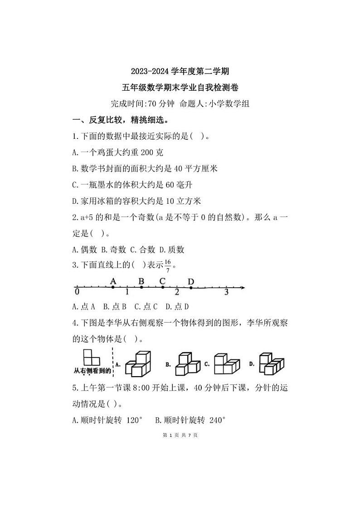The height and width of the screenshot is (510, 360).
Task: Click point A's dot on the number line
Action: pyautogui.click(x=113, y=287)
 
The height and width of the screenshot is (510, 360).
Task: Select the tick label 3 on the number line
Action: pyautogui.click(x=226, y=293)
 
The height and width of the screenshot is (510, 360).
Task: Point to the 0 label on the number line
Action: pyautogui.click(x=77, y=291)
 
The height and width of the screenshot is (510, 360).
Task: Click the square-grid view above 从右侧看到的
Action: pyautogui.click(x=91, y=357)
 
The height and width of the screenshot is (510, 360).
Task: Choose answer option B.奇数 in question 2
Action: pyautogui.click(x=113, y=250)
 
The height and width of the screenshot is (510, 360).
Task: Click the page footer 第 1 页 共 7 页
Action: pyautogui.click(x=180, y=435)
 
